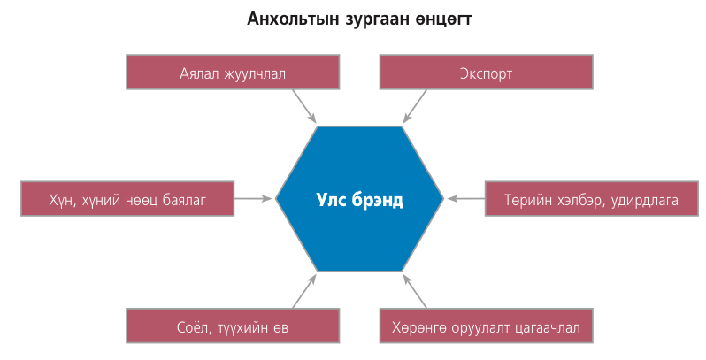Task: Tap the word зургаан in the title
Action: point(372,20)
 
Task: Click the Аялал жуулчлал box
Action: point(233,72)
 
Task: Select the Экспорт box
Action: point(487,72)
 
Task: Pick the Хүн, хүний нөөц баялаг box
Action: point(127,199)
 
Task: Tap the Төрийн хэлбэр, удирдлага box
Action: point(592,199)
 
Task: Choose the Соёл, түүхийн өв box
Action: point(233,326)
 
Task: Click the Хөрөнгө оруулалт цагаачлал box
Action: point(487,326)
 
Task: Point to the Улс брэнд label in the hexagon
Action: point(359,200)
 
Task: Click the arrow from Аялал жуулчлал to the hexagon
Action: point(305,106)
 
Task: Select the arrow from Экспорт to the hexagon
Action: point(415,106)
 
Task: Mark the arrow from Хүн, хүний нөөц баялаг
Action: point(254,198)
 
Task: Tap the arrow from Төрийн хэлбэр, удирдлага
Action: point(466,198)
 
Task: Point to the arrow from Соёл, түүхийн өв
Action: point(305,292)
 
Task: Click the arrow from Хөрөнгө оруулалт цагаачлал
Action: point(415,292)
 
